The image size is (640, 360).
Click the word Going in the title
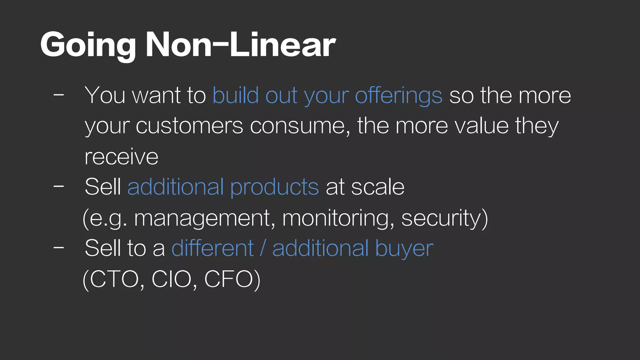[x=88, y=45]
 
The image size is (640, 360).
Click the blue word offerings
[x=399, y=96]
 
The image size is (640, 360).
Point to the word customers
[x=189, y=126]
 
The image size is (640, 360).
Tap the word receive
[x=122, y=156]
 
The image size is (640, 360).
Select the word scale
[x=377, y=187]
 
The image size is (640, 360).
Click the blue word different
[x=212, y=248]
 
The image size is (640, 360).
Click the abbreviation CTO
[x=114, y=279]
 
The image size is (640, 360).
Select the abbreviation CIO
[x=172, y=279]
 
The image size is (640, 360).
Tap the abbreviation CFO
[x=228, y=279]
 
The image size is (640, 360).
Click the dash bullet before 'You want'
[x=59, y=94]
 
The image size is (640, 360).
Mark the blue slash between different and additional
[x=263, y=248]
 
